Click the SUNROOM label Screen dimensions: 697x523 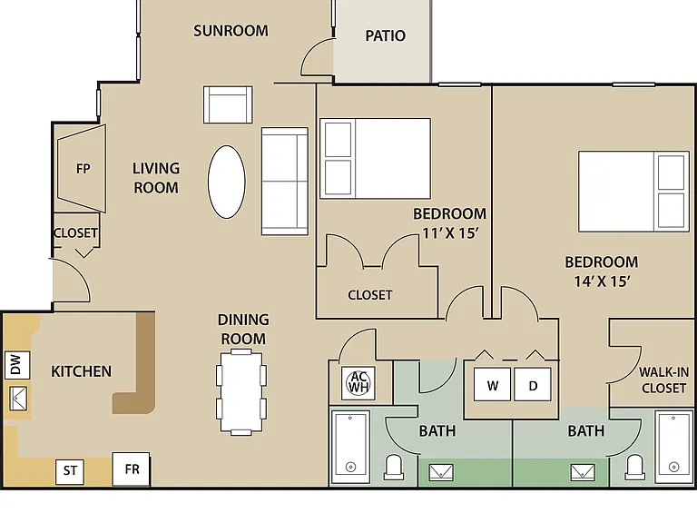click(231, 31)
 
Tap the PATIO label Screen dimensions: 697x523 click(386, 35)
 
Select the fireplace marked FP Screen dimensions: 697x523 click(82, 169)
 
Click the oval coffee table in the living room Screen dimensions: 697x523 click(227, 182)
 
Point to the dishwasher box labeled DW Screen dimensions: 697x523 click(17, 365)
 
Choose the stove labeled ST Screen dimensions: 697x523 click(70, 470)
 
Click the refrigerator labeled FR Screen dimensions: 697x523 click(131, 469)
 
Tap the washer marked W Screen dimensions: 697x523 click(492, 385)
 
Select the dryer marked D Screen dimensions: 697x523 click(533, 385)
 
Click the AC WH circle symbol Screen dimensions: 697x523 click(358, 382)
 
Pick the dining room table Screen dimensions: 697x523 click(241, 391)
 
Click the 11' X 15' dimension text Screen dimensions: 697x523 click(450, 233)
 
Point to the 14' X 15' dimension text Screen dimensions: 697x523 click(602, 281)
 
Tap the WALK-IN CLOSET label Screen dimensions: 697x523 click(663, 380)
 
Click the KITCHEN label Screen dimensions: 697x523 click(81, 371)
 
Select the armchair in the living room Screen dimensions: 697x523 click(228, 105)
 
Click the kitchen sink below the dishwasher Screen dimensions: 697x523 click(18, 398)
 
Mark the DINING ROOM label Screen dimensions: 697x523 click(243, 329)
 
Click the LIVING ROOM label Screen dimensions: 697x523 click(156, 178)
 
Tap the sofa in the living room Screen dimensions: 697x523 click(285, 181)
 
